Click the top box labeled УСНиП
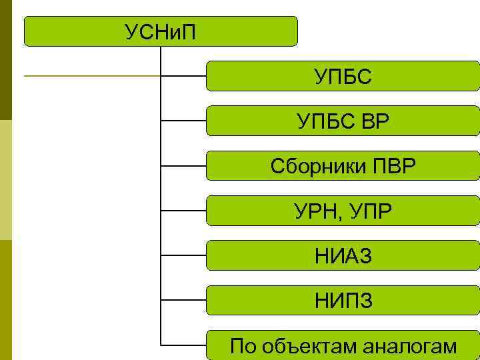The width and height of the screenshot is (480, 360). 161,31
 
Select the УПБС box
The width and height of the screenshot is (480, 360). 343,76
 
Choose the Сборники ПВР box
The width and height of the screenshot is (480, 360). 343,165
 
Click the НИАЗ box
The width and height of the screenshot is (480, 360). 343,255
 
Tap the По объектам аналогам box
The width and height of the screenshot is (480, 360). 343,345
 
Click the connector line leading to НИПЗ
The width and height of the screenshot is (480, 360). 184,300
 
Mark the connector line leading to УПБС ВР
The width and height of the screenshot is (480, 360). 184,121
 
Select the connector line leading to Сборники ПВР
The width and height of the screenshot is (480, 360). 184,165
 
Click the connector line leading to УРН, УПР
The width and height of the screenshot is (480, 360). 184,211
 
